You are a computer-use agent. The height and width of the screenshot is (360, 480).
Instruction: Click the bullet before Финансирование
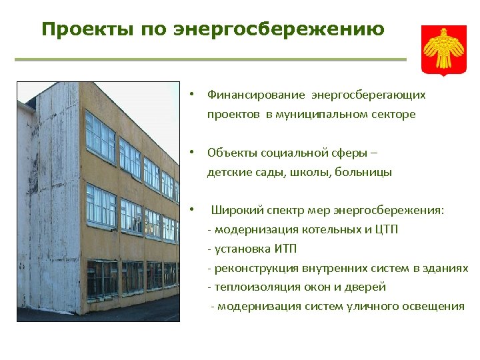[x=191, y=95]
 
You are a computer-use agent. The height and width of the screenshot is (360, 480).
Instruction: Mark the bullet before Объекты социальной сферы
[x=191, y=153]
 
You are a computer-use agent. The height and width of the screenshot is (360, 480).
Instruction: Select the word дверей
[x=367, y=287]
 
